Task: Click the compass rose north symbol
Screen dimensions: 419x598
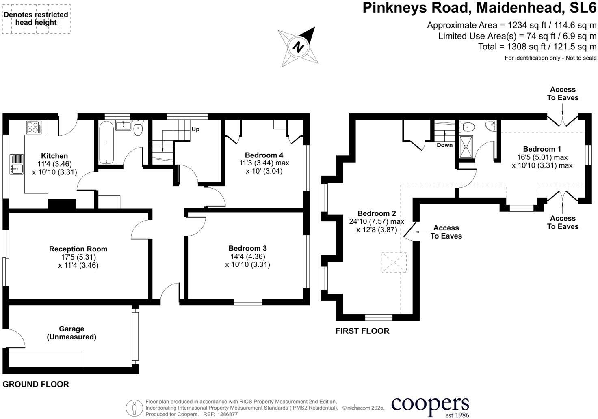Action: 299,47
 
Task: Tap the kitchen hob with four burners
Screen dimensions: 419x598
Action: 33,127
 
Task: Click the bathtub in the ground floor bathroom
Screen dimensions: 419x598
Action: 106,142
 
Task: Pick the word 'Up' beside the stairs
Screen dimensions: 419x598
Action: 195,129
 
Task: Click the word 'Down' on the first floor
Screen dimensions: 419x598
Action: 444,145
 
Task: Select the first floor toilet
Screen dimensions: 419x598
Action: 468,127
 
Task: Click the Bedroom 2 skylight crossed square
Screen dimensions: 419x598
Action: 394,262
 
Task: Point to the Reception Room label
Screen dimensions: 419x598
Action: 78,249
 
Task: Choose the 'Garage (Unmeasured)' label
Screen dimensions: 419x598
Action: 71,333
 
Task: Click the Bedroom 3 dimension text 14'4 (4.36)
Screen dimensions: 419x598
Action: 247,256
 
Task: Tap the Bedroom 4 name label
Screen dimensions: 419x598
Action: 264,155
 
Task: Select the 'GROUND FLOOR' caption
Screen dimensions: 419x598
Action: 36,384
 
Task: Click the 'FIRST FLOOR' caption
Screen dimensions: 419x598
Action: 362,331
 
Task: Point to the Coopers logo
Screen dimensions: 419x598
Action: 430,405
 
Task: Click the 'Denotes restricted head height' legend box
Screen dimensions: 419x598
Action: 36,19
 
